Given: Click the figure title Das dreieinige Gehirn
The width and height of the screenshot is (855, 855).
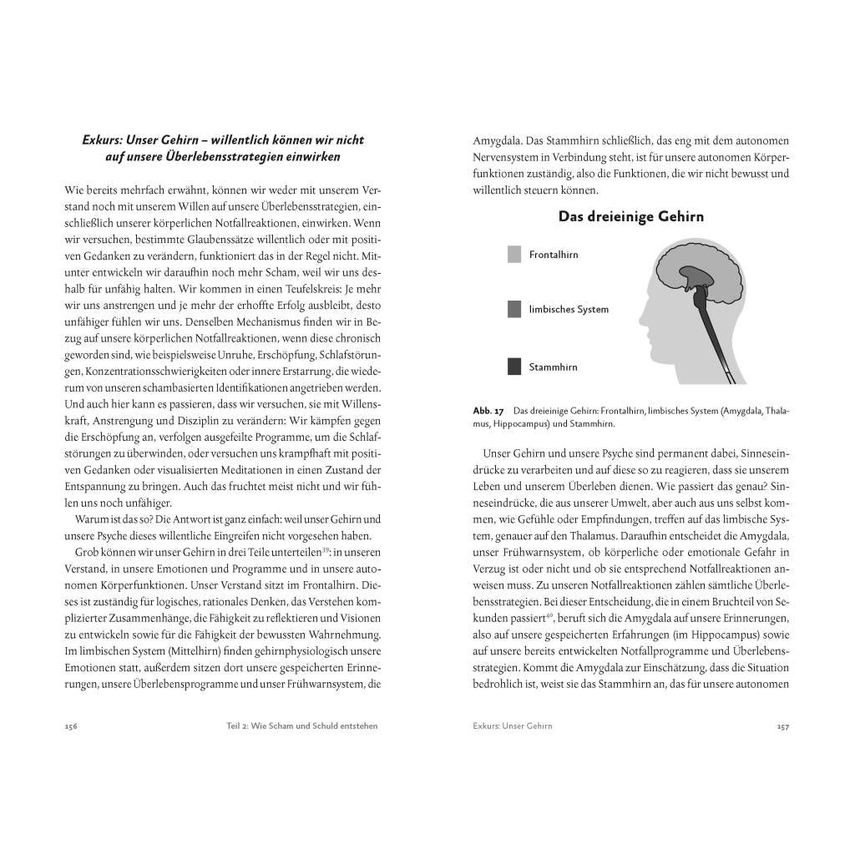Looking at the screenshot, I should pyautogui.click(x=630, y=217).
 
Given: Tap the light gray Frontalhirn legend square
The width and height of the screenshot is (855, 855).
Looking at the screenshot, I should pyautogui.click(x=514, y=255).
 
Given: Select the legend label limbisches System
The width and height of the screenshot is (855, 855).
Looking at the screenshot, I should pyautogui.click(x=569, y=309).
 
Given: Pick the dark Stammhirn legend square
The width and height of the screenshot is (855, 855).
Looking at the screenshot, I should pyautogui.click(x=514, y=367).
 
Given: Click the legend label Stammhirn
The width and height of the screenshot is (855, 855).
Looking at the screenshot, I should pyautogui.click(x=553, y=367).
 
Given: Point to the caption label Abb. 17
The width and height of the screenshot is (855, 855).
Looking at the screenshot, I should pyautogui.click(x=488, y=411).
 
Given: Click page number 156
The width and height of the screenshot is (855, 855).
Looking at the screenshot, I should pyautogui.click(x=71, y=726).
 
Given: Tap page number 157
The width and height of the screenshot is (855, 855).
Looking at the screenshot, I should pyautogui.click(x=782, y=726).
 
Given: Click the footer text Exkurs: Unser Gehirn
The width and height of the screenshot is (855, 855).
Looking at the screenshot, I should pyautogui.click(x=513, y=726).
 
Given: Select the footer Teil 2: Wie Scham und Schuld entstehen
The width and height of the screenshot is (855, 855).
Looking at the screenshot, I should pyautogui.click(x=296, y=726).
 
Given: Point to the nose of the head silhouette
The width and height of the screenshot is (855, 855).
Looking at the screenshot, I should pyautogui.click(x=642, y=317).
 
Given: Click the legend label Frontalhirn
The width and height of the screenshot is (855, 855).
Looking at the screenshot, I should pyautogui.click(x=553, y=255).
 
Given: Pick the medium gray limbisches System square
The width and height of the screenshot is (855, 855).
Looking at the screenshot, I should pyautogui.click(x=514, y=309).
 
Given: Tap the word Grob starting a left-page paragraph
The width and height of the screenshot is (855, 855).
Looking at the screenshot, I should pyautogui.click(x=88, y=552).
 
